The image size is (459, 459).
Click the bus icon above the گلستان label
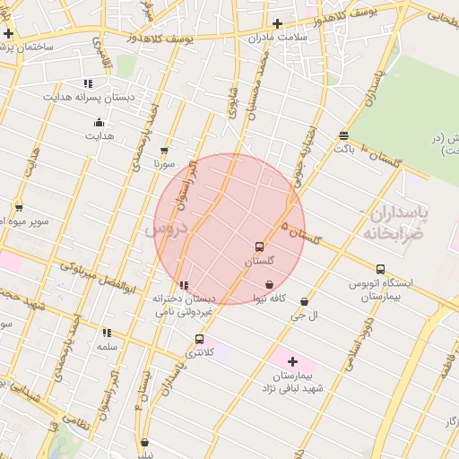pos(259,247)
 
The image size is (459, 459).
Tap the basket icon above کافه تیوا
pos(269,284)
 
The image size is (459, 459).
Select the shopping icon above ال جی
pos(305,302)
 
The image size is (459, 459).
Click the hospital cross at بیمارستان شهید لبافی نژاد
pos(292,361)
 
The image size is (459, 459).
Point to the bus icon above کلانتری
pos(199,339)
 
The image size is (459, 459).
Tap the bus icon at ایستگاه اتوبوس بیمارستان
pos(380,268)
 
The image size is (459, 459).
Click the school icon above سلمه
pos(107,333)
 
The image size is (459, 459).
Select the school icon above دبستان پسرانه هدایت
pos(88,82)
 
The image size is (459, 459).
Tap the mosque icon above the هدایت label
pos(99,123)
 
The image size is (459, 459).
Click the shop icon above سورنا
pos(163,151)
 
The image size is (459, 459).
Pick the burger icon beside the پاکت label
pos(343,135)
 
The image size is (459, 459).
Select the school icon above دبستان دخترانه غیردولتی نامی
pos(184,286)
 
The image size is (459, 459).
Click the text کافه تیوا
pos(269,298)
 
